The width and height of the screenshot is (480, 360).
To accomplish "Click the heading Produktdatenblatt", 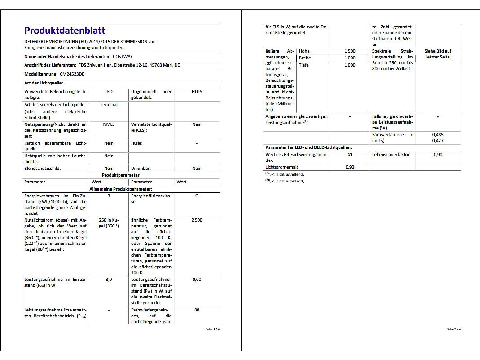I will tap(65, 31).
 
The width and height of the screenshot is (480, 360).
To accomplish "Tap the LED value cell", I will tap(109, 92).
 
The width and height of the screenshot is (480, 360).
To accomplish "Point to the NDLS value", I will tap(197, 92).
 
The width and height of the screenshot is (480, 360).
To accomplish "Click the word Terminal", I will tap(109, 105).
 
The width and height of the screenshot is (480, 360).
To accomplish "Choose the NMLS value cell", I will tap(109, 124).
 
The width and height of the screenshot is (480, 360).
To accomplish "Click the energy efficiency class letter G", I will tap(197, 196).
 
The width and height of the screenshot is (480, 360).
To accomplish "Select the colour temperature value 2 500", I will tap(197, 220).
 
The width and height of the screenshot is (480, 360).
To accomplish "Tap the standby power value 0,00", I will tap(197, 280).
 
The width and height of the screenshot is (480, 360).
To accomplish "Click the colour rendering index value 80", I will tap(197, 310).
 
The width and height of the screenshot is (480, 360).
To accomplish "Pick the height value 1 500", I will tap(350, 51).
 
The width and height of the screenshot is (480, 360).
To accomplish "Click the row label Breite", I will tap(305, 58).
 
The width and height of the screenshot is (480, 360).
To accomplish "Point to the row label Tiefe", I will tap(304, 65).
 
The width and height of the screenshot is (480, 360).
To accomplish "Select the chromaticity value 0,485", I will tap(438, 135).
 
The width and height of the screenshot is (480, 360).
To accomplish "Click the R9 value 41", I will tap(350, 155).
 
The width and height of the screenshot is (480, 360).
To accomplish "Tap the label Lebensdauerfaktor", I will tap(391, 155).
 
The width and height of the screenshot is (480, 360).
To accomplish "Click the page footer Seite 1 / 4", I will tap(213, 329).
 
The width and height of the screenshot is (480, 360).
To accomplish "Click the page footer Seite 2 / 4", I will tap(454, 329).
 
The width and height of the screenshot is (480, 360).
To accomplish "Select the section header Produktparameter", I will tap(120, 175).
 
